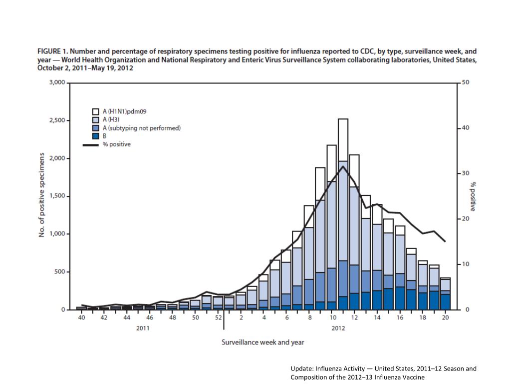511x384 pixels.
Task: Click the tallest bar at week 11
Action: pos(343,215)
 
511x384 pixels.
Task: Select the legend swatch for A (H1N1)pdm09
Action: pos(96,111)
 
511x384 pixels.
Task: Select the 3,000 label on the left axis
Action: pos(56,82)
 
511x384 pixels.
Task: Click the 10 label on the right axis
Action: pos(466,264)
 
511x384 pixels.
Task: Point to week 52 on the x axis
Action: pos(218,317)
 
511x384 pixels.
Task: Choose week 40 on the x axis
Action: pos(81,317)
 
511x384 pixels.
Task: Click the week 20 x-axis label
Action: pos(446,317)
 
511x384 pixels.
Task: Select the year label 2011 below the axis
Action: pos(144,328)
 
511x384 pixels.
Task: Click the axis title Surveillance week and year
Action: pos(263,342)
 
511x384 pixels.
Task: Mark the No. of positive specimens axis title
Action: pos(43,195)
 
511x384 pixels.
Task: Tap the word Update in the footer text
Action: pos(301,369)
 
